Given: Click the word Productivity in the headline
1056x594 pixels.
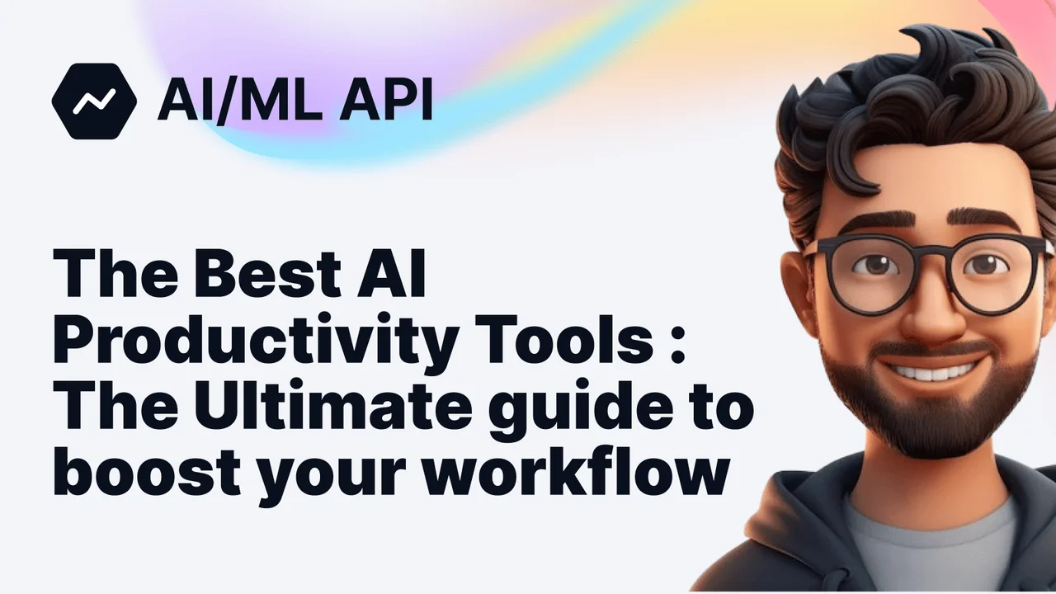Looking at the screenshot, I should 248,341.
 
